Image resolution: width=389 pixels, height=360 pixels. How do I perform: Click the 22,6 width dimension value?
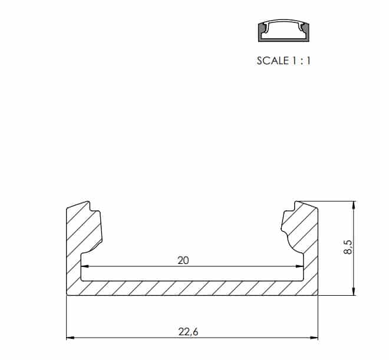[x=188, y=332]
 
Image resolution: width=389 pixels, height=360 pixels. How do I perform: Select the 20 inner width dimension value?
[x=183, y=260]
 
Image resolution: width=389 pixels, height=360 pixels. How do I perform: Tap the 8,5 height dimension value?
[x=348, y=247]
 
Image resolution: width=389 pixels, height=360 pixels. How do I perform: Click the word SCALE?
[x=273, y=61]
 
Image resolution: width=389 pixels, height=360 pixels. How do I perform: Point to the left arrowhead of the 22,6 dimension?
[x=70, y=338]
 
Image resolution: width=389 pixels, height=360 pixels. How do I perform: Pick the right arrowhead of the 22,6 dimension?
[x=314, y=338]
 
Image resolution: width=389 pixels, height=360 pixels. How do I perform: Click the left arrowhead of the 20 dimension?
[x=85, y=266]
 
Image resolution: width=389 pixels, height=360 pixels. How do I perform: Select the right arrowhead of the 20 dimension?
[x=299, y=266]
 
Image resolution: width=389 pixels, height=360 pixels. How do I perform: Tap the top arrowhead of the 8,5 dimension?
[x=354, y=205]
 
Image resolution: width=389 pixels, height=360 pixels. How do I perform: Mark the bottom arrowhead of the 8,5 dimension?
[x=354, y=292]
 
